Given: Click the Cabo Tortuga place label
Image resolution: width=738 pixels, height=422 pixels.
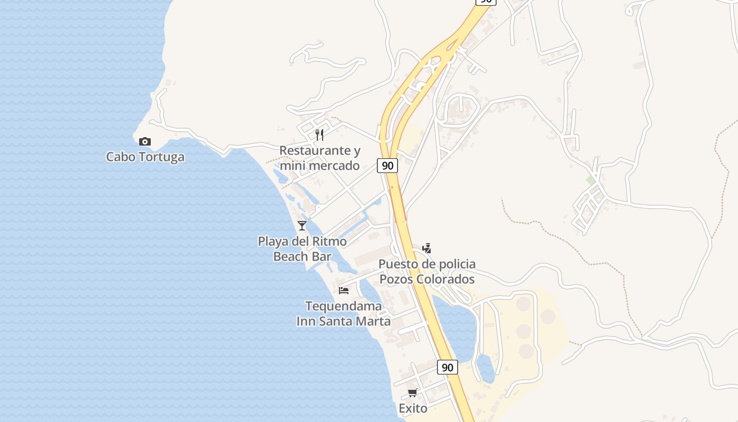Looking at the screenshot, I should coord(145,157).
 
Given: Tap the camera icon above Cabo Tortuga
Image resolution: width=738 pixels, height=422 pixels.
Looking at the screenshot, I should coord(144,141).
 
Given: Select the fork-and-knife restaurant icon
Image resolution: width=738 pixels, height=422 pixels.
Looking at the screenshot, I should coord(319,135).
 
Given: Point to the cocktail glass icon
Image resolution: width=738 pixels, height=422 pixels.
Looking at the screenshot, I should coord(302,226).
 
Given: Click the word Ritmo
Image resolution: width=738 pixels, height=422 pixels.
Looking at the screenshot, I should coord(328,242).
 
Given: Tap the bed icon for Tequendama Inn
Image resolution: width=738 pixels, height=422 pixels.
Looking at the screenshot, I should coord(344,290).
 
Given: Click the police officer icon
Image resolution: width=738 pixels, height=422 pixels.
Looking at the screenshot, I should coord(427,248).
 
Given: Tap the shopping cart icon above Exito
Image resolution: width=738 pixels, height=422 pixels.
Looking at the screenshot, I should coord(413,392).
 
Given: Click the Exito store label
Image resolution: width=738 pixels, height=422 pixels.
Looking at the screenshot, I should coord(413,408).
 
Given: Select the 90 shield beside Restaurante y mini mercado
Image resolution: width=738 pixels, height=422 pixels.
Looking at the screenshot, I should coord(387,166).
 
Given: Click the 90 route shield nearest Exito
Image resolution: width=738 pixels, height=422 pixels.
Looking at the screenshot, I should coord(447,367).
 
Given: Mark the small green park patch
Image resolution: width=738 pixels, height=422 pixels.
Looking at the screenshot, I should coord(590,180).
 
